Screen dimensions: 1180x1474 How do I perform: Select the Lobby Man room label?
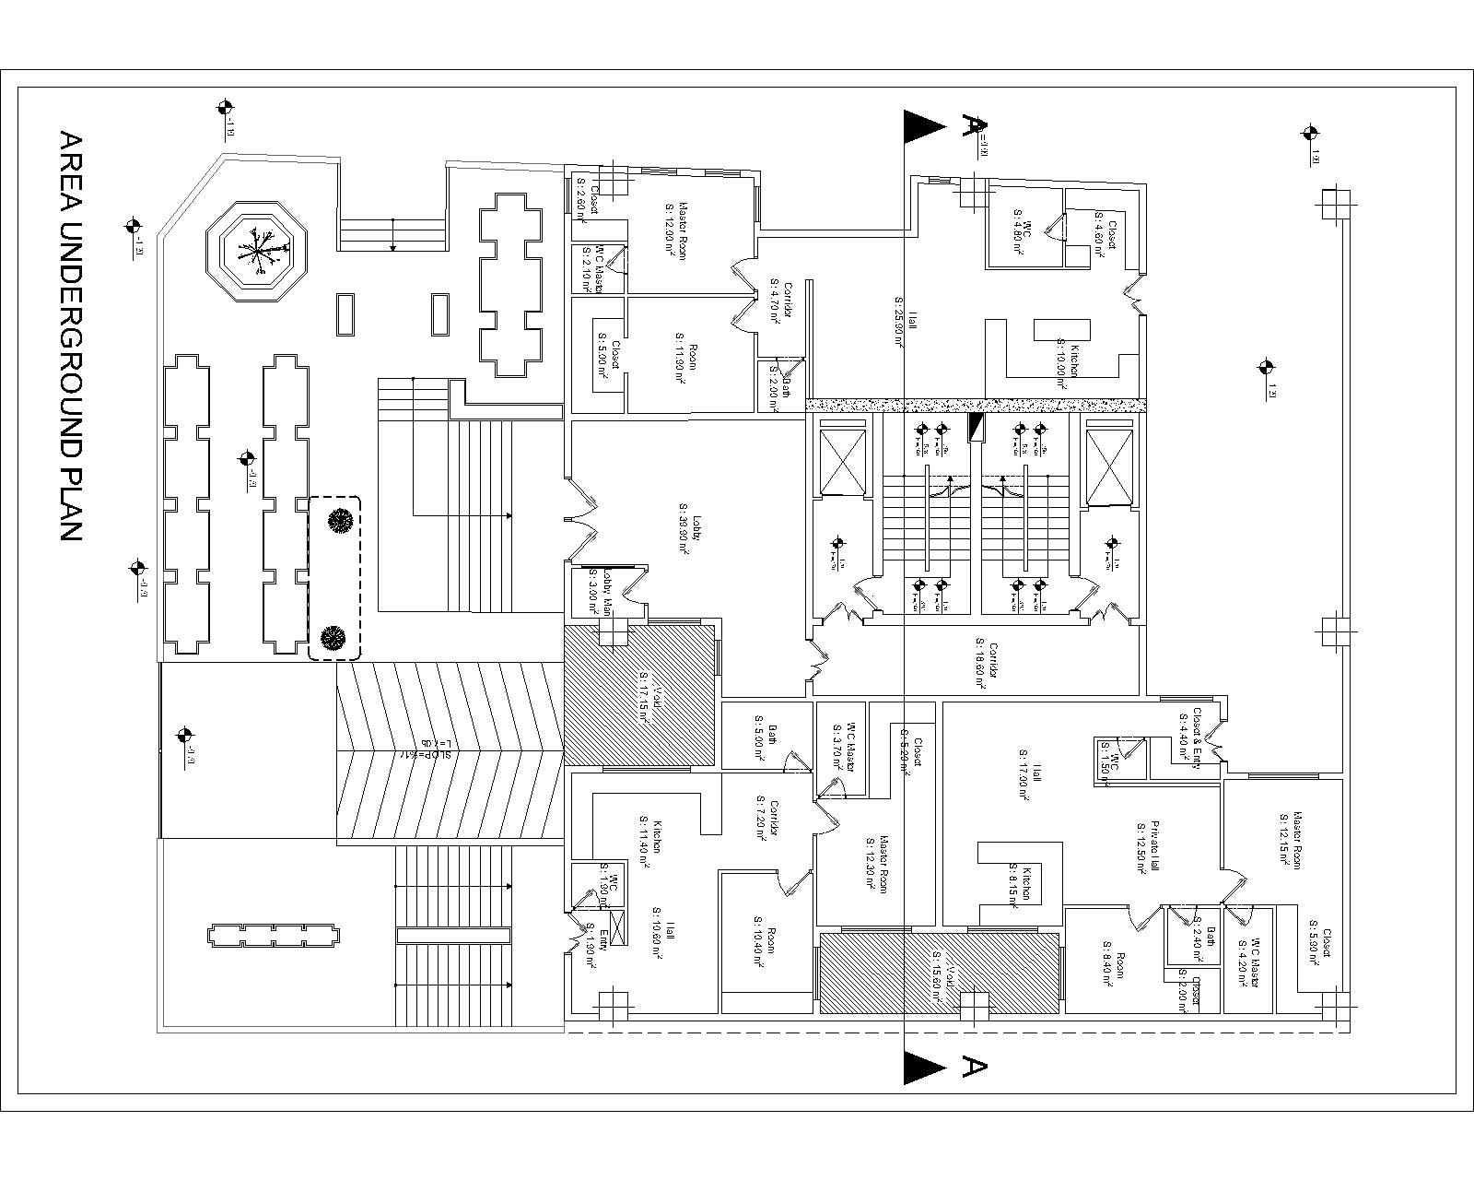(x=602, y=590)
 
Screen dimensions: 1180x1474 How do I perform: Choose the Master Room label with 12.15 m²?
(x=1290, y=838)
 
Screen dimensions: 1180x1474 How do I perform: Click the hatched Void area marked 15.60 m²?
(x=939, y=973)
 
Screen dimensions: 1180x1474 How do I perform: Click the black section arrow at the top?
(x=924, y=126)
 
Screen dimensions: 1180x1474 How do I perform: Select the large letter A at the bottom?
(x=975, y=1066)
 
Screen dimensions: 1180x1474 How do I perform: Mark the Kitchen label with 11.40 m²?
(x=651, y=838)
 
